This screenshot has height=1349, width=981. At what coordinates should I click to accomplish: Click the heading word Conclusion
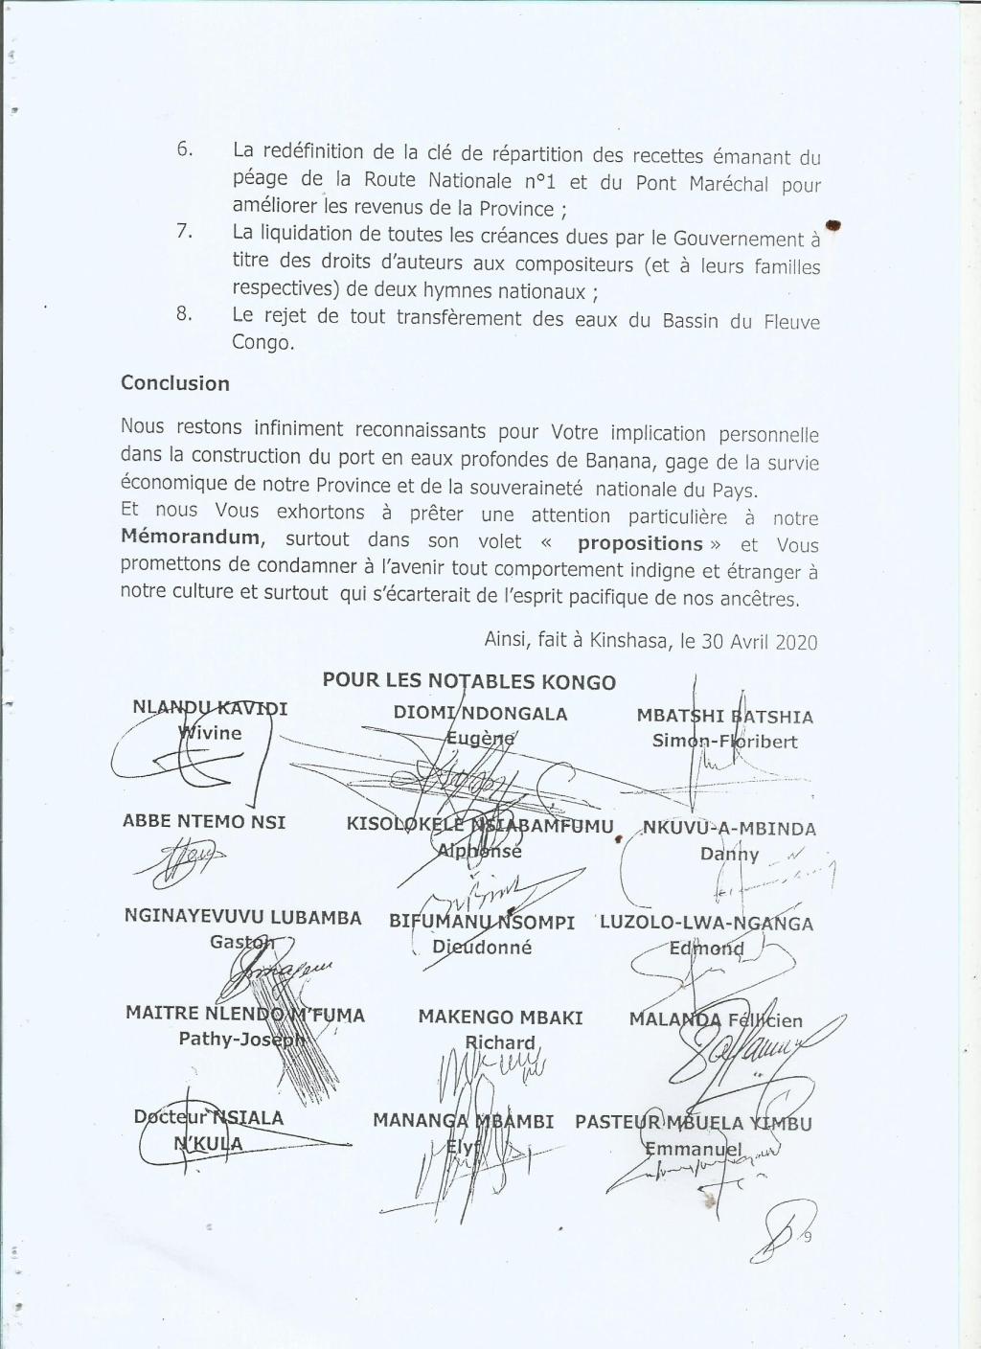pyautogui.click(x=174, y=384)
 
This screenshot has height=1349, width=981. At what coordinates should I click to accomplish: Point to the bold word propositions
pyautogui.click(x=640, y=543)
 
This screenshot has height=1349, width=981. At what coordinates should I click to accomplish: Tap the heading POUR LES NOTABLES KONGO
pyautogui.click(x=469, y=682)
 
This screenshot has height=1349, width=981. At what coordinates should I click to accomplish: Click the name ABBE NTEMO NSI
pyautogui.click(x=204, y=822)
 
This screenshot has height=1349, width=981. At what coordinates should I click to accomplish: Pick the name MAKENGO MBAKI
pyautogui.click(x=500, y=1017)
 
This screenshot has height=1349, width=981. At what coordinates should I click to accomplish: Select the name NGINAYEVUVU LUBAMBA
pyautogui.click(x=243, y=917)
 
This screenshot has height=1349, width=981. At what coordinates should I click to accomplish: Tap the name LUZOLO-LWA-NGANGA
pyautogui.click(x=706, y=924)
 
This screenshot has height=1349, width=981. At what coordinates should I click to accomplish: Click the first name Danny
pyautogui.click(x=729, y=855)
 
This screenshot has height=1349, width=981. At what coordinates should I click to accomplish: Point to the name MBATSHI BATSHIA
pyautogui.click(x=724, y=717)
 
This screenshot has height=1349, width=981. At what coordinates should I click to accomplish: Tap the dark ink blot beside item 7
pyautogui.click(x=833, y=225)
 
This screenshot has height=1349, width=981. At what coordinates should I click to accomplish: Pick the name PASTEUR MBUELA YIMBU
pyautogui.click(x=693, y=1123)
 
